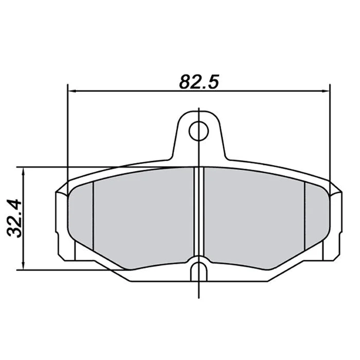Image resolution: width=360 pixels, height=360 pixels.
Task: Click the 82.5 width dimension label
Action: point(199,82)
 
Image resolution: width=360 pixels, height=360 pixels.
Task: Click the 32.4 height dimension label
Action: point(14,218)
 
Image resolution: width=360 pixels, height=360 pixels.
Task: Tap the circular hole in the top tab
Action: point(199,131)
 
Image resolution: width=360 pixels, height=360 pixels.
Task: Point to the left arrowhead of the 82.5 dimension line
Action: point(73,91)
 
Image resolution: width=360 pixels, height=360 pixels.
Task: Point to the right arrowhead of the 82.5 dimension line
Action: point(326,91)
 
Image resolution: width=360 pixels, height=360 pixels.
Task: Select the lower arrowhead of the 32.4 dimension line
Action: point(23,266)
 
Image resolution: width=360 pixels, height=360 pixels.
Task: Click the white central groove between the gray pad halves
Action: point(199,211)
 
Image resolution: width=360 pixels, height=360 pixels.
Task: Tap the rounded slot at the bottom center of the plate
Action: point(199,272)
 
